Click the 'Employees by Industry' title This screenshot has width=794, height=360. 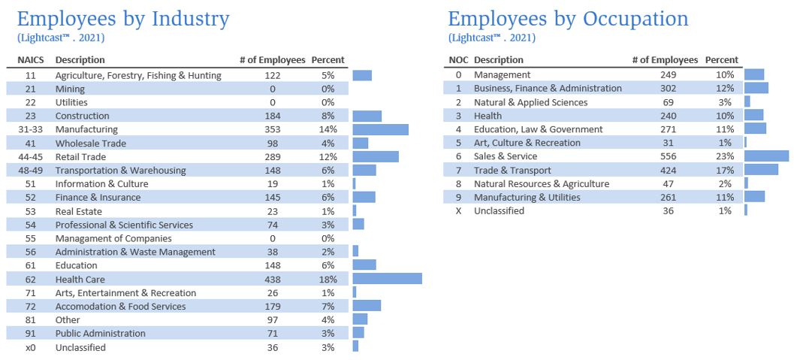(123, 19)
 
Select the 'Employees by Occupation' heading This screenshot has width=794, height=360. (568, 19)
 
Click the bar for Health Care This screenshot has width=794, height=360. (387, 279)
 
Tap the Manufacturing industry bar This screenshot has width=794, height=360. (380, 130)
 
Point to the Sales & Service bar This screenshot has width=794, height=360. (766, 156)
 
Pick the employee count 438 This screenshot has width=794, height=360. (272, 279)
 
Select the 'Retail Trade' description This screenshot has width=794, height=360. (80, 157)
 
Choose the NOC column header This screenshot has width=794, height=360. (458, 60)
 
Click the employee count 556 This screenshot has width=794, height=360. (665, 156)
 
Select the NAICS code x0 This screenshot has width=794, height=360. (30, 347)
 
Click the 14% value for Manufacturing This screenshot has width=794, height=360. (328, 130)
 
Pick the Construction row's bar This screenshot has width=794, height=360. (367, 116)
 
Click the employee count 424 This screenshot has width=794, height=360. (665, 170)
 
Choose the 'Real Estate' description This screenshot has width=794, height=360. (79, 211)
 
